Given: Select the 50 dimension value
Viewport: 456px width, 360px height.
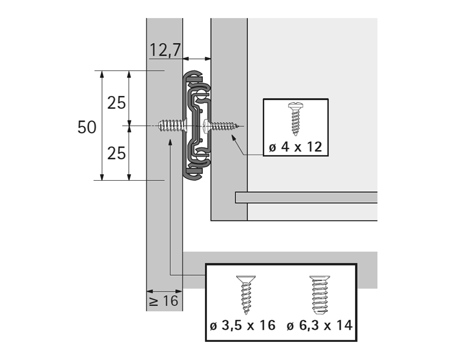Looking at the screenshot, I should [87, 127].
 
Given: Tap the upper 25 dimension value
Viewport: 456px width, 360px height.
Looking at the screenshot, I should [117, 103].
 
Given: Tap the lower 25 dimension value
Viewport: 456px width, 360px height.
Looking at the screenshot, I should [117, 152].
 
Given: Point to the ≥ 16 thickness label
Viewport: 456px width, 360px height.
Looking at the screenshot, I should [164, 301].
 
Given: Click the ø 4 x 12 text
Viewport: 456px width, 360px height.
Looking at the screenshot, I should [295, 147].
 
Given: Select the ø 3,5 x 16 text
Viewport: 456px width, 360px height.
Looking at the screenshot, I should [242, 325].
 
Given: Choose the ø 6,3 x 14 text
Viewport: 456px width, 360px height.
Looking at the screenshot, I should [319, 325].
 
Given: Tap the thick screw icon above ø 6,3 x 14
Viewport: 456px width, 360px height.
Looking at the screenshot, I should [319, 295].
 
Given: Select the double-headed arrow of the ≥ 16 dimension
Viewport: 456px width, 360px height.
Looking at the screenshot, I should [164, 291].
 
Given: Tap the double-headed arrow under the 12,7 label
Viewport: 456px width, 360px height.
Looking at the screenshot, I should [197, 59].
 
